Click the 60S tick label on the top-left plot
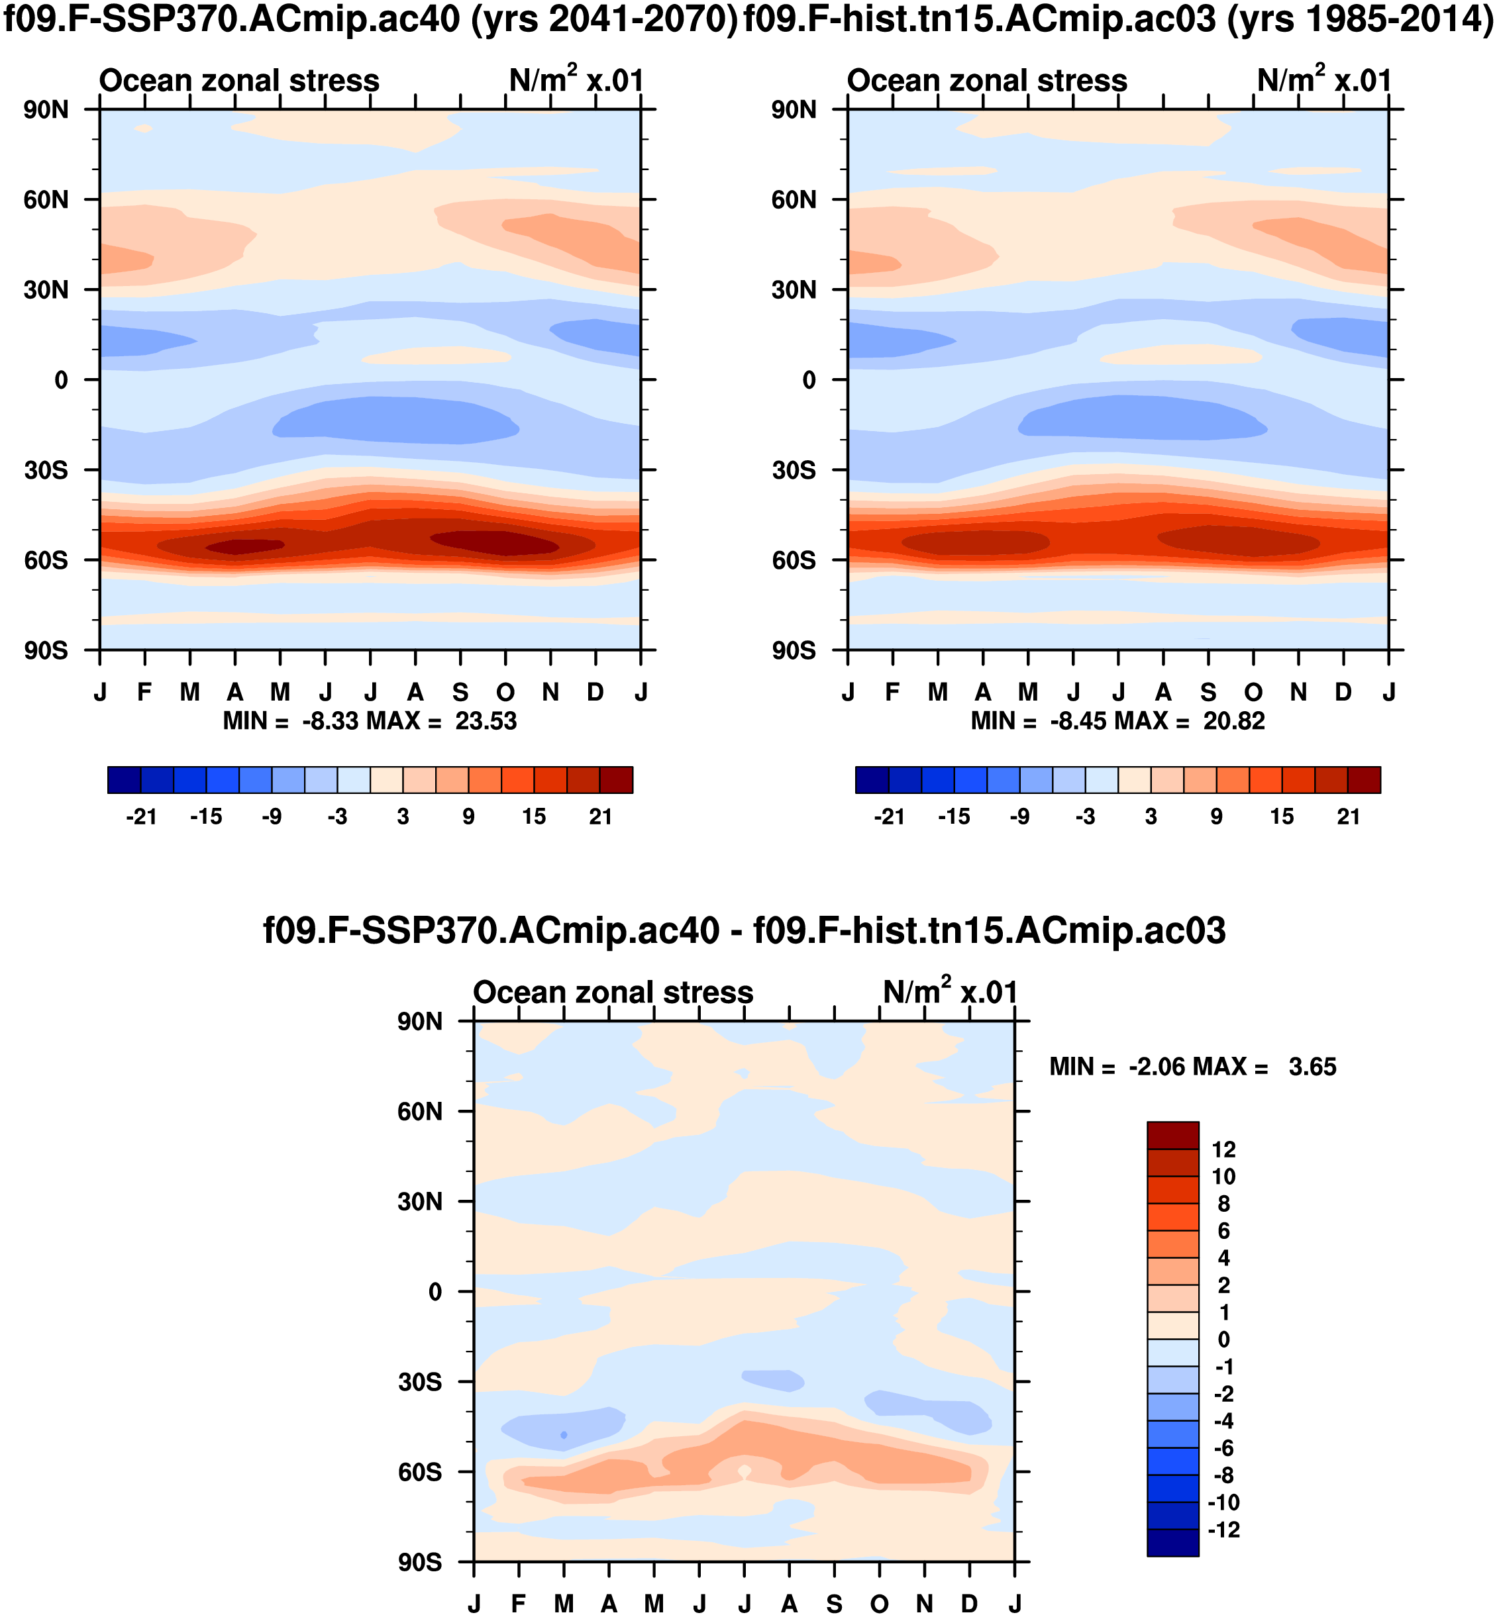point(46,560)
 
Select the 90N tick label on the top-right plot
point(794,109)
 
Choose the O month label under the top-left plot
point(505,693)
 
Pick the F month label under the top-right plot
point(893,693)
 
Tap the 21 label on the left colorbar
point(600,816)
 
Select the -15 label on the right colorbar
point(955,816)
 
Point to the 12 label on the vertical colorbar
point(1223,1150)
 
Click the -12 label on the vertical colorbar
point(1223,1530)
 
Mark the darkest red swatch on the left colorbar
point(617,780)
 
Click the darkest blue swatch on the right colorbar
point(872,780)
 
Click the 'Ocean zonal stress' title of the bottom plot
point(613,992)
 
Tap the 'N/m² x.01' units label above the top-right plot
point(1323,80)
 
